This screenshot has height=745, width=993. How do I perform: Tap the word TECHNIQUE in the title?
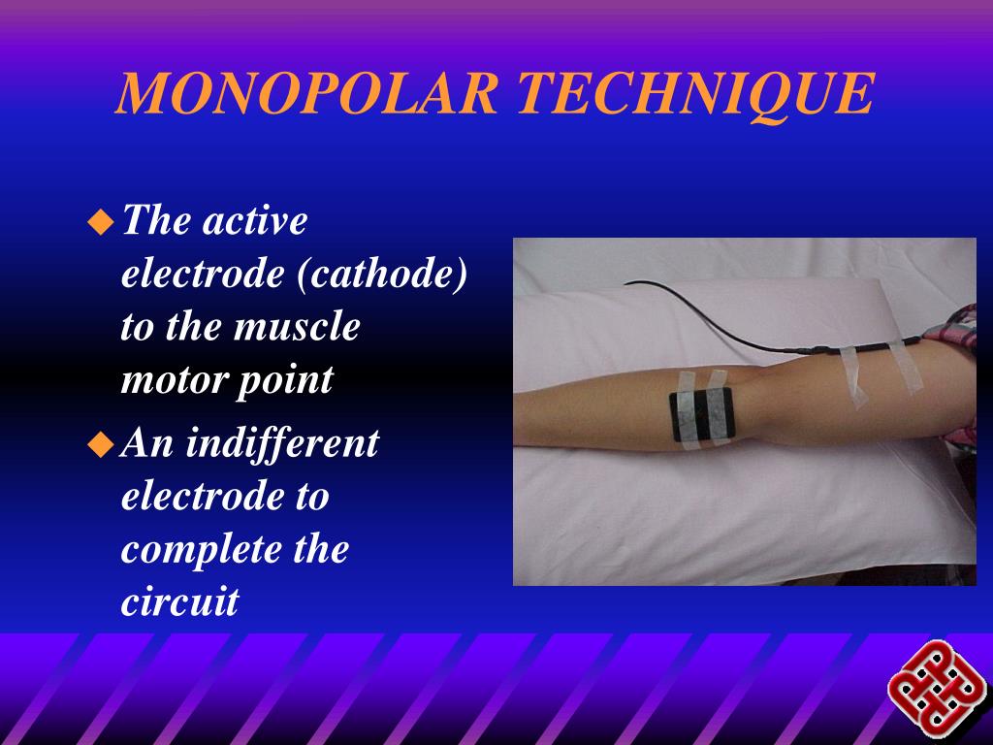[695, 94]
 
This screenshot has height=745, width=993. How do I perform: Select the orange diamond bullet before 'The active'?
[100, 223]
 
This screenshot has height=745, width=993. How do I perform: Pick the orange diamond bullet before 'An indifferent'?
[100, 445]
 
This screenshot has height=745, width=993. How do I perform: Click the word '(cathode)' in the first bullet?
[383, 274]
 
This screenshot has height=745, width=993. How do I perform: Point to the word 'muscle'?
[297, 326]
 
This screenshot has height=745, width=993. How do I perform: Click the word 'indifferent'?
[282, 443]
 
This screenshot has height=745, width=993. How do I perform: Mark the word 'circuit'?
[179, 602]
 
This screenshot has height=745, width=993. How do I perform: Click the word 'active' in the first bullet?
[254, 221]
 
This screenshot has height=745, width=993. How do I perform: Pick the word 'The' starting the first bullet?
[156, 221]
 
